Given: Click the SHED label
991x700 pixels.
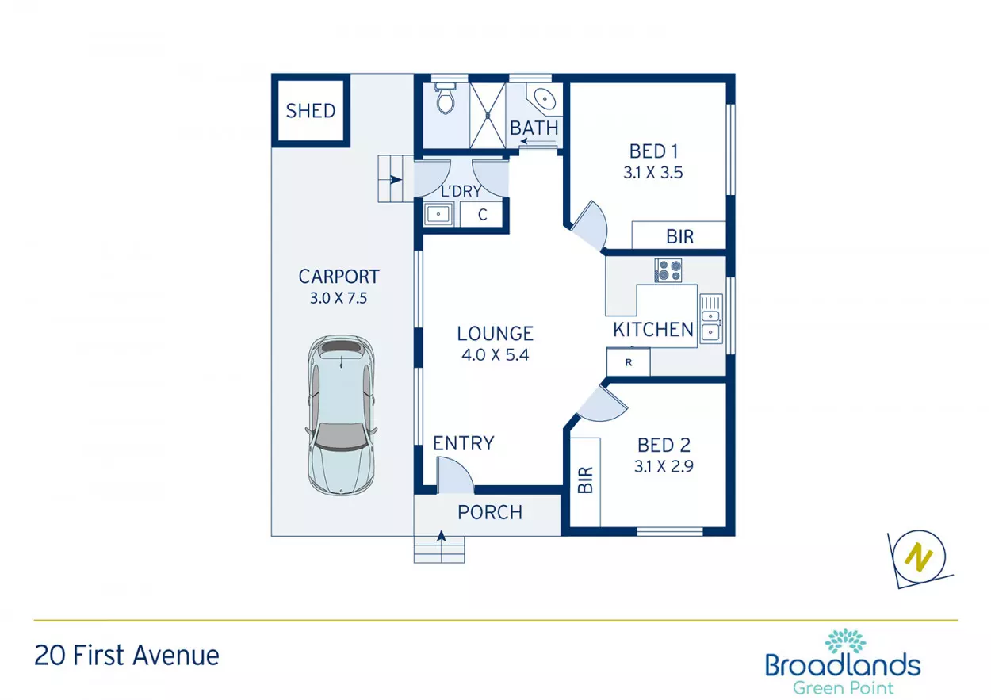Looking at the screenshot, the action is pyautogui.click(x=311, y=111).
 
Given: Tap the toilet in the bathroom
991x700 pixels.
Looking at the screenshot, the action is pyautogui.click(x=445, y=98).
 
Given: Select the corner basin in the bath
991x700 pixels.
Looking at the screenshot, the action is pyautogui.click(x=544, y=99).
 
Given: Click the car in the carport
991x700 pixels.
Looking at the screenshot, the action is pyautogui.click(x=341, y=415).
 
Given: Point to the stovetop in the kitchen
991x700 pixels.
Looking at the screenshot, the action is pyautogui.click(x=668, y=270).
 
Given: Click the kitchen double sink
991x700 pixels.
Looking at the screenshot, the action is pyautogui.click(x=711, y=319).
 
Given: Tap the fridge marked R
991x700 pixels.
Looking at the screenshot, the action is pyautogui.click(x=628, y=362).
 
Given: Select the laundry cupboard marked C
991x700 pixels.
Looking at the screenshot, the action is pyautogui.click(x=481, y=215).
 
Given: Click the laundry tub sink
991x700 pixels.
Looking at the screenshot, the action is pyautogui.click(x=438, y=215).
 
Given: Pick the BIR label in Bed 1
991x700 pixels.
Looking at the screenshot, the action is pyautogui.click(x=679, y=237).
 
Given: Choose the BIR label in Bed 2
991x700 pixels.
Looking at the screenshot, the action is pyautogui.click(x=585, y=480).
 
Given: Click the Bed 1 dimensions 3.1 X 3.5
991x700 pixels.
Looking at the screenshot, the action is pyautogui.click(x=653, y=173).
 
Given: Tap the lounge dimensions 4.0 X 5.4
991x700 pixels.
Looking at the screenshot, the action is pyautogui.click(x=495, y=355).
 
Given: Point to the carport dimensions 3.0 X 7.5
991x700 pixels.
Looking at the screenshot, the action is pyautogui.click(x=339, y=298).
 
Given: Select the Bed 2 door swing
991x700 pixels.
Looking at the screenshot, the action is pyautogui.click(x=603, y=404).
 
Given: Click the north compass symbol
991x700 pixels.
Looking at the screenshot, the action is pyautogui.click(x=920, y=558).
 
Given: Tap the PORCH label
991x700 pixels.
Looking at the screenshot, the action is pyautogui.click(x=490, y=512).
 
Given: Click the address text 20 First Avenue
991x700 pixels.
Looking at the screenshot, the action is pyautogui.click(x=127, y=656).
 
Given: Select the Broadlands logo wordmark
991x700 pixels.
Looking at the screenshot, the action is pyautogui.click(x=843, y=665).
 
